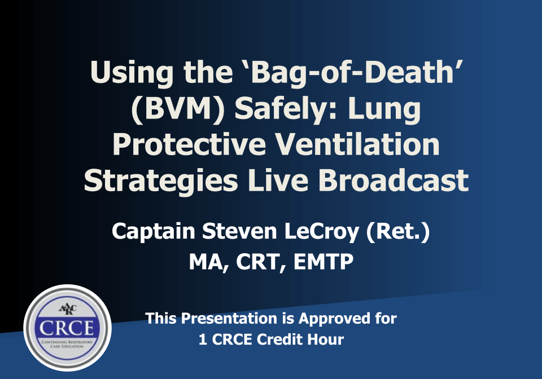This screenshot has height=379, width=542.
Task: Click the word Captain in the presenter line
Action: (148, 232)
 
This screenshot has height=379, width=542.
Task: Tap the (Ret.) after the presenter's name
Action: (399, 232)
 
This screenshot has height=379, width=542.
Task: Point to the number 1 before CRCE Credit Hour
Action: (202, 340)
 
